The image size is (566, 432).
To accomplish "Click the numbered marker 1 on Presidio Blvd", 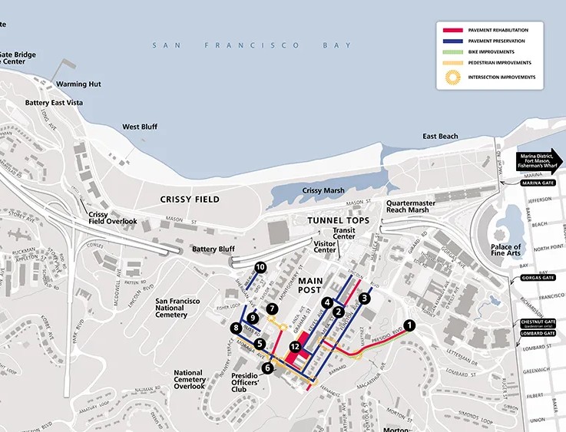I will tap(409, 325).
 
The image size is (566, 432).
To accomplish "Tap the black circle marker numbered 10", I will tap(260, 267).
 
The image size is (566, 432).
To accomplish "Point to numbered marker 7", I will tap(272, 308).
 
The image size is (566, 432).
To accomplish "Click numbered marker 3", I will tap(365, 298).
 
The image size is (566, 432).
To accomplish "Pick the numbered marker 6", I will tap(267, 368).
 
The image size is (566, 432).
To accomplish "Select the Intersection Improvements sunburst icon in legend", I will tap(453, 77).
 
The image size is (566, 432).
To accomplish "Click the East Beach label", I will tap(440, 137).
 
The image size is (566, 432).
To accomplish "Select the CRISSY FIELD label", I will tap(190, 200).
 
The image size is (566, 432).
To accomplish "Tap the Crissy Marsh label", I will tap(323, 191).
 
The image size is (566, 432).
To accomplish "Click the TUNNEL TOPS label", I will tap(339, 221).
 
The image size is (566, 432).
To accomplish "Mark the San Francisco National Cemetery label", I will tap(171, 308).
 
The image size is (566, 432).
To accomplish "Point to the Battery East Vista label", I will tap(54, 103).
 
